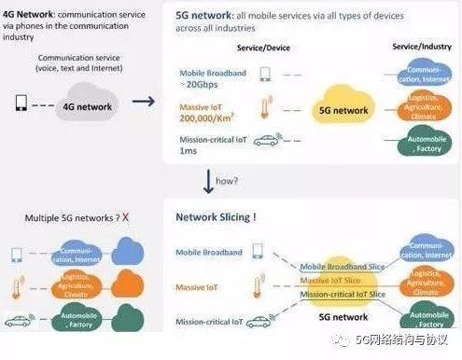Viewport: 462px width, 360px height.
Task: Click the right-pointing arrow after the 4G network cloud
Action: pyautogui.click(x=142, y=103)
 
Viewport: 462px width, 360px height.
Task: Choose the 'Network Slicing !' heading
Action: pyautogui.click(x=216, y=217)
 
